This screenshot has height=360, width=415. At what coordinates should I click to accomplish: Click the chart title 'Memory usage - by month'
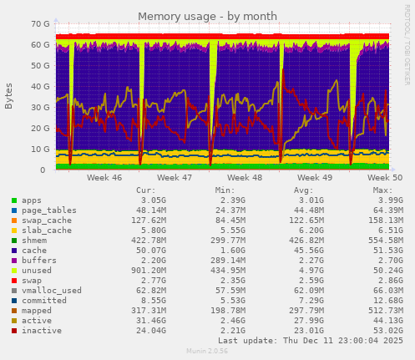pos(206,16)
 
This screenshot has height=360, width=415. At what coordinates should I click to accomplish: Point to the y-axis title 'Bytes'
pos(9,96)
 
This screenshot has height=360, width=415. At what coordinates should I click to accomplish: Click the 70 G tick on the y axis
pos(38,24)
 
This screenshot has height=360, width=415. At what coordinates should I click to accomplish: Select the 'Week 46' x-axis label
pos(104,178)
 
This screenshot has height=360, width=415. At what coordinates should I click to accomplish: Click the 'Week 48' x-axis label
pos(245,178)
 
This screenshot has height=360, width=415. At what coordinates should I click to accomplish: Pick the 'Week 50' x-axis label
pos(385,178)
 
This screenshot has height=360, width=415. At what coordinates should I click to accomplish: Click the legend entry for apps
pos(32,200)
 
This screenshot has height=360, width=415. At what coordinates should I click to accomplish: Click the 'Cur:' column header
pos(145,190)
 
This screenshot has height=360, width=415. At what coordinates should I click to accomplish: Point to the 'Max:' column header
pos(382,190)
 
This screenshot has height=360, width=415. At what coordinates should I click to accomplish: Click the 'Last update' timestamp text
pos(310,341)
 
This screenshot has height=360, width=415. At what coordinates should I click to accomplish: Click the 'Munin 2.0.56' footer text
pos(207,352)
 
